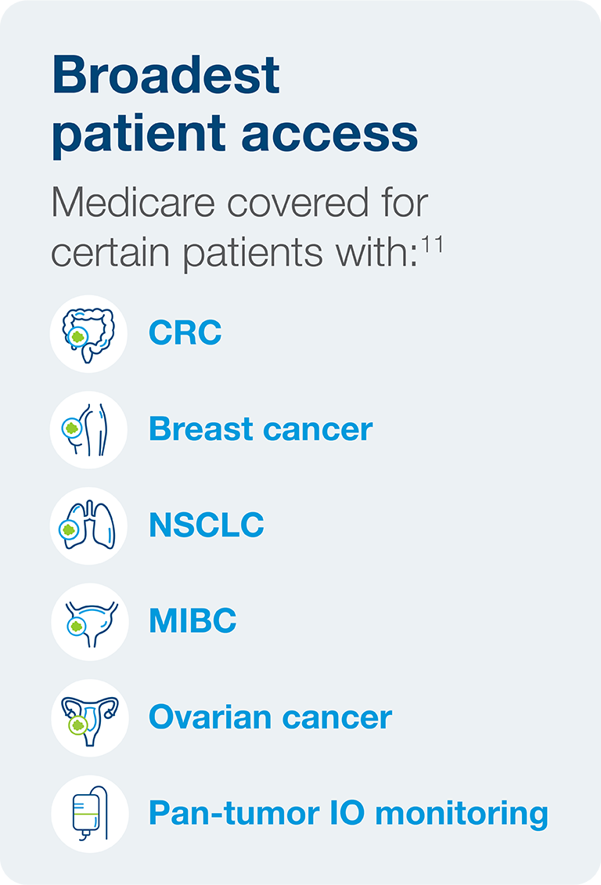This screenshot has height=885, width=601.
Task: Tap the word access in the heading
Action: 329,135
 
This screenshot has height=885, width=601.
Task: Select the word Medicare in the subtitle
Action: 134,202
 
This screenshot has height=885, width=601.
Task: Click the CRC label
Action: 185,332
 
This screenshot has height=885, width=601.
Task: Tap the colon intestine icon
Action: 88,334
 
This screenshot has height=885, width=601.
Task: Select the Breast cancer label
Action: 261,429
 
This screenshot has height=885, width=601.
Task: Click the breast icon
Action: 87,429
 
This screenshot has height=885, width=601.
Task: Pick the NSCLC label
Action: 207,525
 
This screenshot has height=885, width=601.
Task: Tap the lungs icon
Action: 88,526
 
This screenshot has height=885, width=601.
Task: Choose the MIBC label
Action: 193,621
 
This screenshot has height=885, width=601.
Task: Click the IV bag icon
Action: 90,813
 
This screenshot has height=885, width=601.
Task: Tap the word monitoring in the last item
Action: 461,815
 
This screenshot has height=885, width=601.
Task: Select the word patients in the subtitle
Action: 253,253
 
